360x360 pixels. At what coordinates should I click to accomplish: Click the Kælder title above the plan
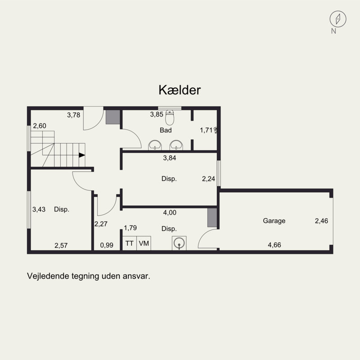tap(179, 90)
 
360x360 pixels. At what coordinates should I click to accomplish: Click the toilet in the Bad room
tap(170, 118)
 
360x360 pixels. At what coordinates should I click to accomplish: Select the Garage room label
tap(274, 221)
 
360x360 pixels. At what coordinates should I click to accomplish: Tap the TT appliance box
tap(130, 243)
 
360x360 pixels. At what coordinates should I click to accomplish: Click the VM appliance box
tap(144, 243)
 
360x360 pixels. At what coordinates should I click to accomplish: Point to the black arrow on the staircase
tap(81, 155)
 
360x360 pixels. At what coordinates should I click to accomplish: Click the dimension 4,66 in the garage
tap(275, 245)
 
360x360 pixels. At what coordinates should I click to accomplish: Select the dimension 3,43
tap(39, 209)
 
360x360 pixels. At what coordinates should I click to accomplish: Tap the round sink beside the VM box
tap(179, 243)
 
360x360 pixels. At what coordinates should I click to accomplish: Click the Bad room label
tap(166, 130)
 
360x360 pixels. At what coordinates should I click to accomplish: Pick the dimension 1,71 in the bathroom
tap(207, 130)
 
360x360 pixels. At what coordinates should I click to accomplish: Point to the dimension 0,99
tap(107, 245)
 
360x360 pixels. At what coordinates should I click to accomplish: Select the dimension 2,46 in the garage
tap(321, 221)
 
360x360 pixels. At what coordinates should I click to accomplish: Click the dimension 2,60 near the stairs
tap(39, 126)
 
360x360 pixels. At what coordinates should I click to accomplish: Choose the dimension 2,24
tap(208, 179)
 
